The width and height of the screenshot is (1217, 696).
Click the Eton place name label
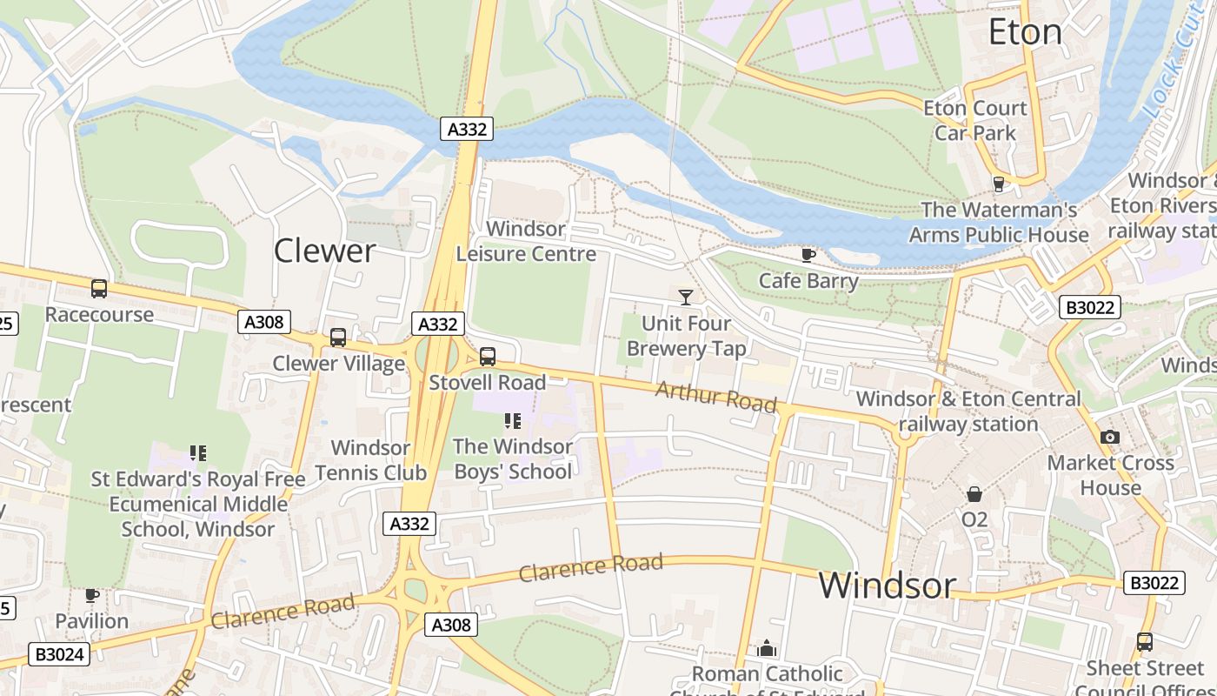coord(1026,32)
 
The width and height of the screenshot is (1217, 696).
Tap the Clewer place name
coord(324,251)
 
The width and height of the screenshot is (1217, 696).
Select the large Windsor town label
coord(887,585)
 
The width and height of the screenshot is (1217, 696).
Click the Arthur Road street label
coord(715,397)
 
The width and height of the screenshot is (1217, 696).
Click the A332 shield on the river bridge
coord(467,129)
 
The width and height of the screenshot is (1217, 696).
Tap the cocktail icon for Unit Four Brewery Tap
coord(686,298)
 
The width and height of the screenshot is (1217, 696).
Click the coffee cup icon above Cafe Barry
coord(808,255)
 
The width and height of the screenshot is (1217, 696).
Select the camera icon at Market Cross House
coord(1110,437)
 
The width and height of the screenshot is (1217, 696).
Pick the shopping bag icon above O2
coord(974,494)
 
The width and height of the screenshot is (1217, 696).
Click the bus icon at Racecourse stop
coord(99,289)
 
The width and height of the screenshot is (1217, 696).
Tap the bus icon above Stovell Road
coord(488,356)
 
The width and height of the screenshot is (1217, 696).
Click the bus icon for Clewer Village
coord(338,338)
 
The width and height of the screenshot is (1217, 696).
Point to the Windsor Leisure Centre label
coord(526,242)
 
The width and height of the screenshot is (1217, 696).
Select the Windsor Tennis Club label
coord(370,460)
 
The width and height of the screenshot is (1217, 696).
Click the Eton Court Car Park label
coord(974,121)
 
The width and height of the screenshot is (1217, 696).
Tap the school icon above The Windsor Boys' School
coord(513,421)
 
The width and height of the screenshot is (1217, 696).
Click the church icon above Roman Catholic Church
coord(767,648)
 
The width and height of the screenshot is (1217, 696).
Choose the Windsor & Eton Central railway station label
coord(968,412)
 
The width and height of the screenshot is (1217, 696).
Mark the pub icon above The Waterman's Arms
coord(999,184)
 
